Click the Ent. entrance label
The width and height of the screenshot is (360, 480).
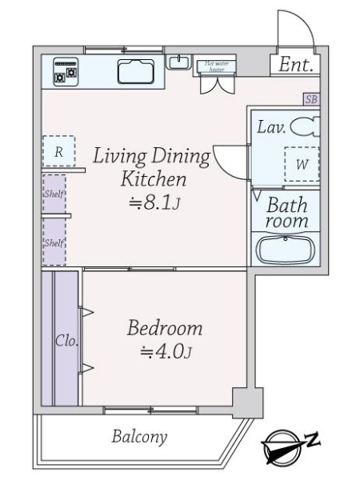[294, 66]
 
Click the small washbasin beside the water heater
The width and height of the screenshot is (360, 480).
[178, 62]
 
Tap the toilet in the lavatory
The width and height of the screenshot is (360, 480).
[304, 126]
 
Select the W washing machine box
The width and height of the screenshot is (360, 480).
[302, 164]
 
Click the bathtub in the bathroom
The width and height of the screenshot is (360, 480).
[286, 250]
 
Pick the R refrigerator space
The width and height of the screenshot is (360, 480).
[59, 150]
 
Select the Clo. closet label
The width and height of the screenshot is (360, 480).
[65, 341]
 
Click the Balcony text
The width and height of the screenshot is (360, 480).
[139, 437]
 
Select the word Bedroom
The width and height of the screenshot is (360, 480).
[165, 328]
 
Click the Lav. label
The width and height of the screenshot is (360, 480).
[270, 126]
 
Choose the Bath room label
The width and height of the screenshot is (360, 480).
[286, 213]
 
